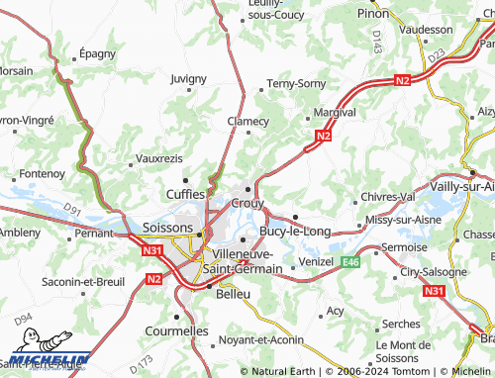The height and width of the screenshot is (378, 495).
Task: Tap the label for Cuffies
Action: point(185,195)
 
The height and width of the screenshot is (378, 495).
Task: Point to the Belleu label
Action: point(234,294)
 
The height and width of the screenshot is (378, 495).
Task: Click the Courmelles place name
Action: point(176,331)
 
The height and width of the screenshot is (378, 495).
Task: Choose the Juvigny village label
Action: point(188,78)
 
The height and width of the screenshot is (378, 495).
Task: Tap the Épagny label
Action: point(97,55)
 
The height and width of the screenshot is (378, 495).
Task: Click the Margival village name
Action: point(334,112)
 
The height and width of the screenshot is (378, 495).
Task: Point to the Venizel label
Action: point(317,261)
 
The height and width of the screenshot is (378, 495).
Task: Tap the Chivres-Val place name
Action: point(387,197)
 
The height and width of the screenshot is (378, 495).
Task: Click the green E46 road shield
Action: point(350,262)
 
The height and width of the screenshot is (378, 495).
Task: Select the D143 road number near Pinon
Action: point(377,41)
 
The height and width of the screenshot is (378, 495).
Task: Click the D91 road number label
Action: point(71,209)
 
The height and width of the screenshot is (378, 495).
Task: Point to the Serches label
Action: point(401,324)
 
